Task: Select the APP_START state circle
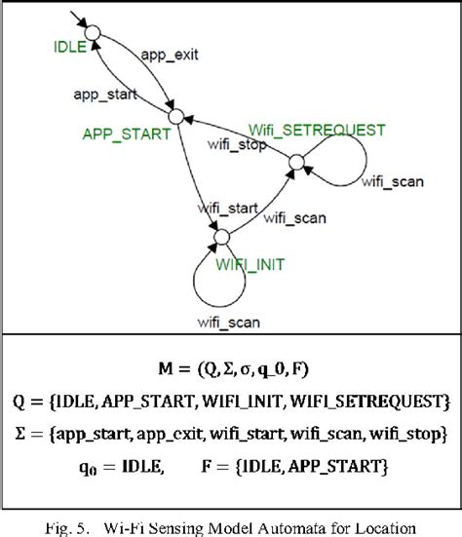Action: coord(175,116)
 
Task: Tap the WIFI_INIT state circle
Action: coord(221,237)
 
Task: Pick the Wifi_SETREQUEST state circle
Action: coord(296,163)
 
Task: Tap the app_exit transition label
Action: coord(170,56)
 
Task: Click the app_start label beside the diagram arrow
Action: coord(103,96)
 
